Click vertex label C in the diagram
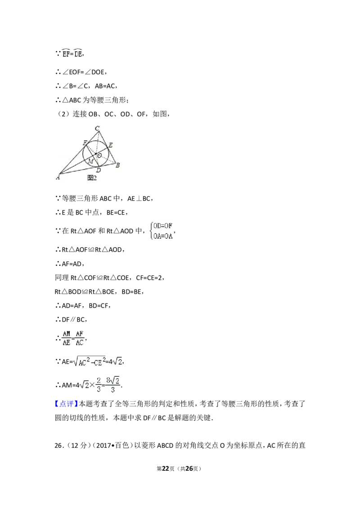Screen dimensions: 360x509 coord(97,128)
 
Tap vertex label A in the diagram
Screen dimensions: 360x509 coord(58,177)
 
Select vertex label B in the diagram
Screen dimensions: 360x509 coord(117,165)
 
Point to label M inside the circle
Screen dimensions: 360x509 coord(91,161)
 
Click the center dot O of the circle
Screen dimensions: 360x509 coord(96,154)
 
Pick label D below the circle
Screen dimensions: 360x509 coord(99,170)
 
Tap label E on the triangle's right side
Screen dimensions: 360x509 coord(110,145)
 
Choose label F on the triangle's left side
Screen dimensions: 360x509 coord(85,143)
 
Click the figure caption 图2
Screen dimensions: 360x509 coord(92,178)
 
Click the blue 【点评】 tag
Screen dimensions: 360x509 coord(66,403)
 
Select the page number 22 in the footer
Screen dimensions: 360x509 coord(166,469)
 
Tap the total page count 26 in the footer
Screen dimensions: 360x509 coord(189,469)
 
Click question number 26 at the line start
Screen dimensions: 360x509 coord(58,445)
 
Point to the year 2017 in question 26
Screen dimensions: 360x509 coord(103,445)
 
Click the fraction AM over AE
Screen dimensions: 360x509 coord(67,338)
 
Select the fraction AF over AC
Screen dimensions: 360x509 coord(80,338)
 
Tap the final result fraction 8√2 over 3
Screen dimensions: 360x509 coord(113,384)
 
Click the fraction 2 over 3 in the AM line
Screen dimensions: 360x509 coord(99,384)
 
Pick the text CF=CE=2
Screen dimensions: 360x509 coord(150,278)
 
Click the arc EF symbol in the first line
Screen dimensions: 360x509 coord(66,53)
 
